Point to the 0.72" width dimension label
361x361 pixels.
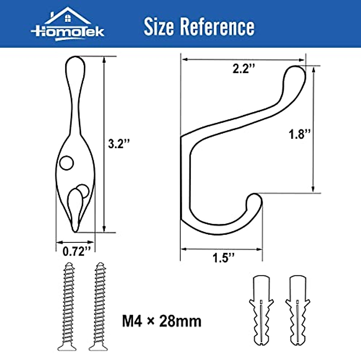[76, 251]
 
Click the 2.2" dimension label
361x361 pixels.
[243, 69]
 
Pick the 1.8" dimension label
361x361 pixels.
[299, 134]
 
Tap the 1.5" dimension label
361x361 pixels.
[223, 258]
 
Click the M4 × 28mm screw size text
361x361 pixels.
[162, 321]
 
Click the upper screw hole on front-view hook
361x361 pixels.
[66, 163]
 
